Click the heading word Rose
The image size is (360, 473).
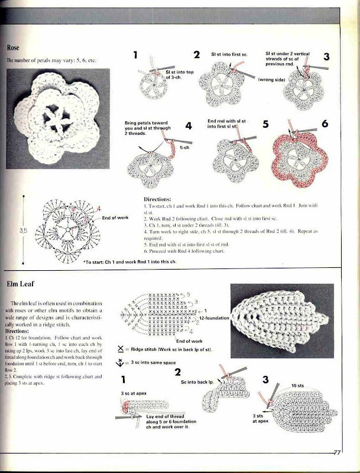[15, 47]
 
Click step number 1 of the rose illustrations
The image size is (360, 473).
[136, 56]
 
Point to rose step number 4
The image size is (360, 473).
[189, 126]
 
